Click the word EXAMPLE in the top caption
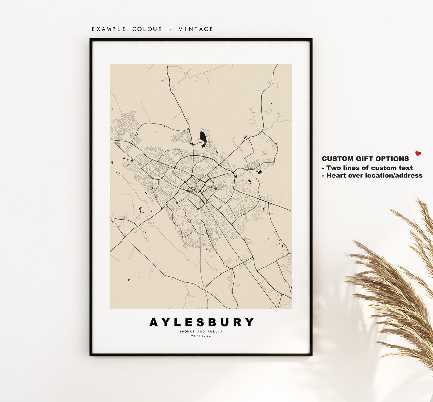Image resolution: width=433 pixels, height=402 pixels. coord(109,29)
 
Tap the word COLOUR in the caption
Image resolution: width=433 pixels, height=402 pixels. coord(147,29)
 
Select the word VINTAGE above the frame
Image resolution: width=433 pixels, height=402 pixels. coord(196,29)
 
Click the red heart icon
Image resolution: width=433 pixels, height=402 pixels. coord(418,153)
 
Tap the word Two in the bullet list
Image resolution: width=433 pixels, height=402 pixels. coord(333,168)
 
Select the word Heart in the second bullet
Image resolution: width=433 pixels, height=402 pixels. coord(335,176)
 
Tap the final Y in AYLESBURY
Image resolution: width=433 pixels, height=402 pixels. coord(249,323)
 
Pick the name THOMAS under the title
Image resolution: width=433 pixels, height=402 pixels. coord(187,332)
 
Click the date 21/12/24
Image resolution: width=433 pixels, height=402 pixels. coord(201,336)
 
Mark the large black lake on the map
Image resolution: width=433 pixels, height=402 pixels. coord(203,137)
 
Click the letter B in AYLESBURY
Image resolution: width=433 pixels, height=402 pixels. coord(212,323)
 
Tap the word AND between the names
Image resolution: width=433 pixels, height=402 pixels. coord(201,332)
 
